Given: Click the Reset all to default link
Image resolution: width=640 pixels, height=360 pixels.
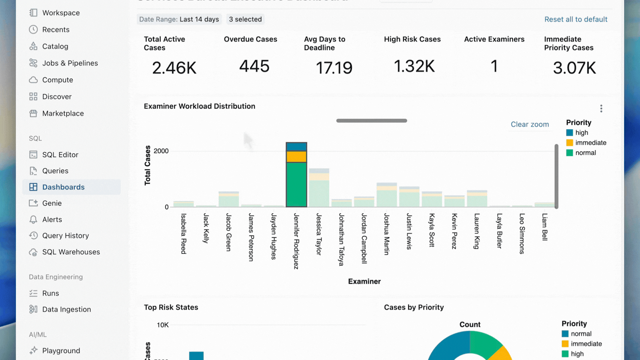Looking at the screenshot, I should pos(576,19).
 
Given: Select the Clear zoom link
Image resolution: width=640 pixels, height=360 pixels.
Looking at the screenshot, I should pos(530,124).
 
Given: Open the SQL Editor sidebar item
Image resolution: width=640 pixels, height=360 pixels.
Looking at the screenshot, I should pos(60,155).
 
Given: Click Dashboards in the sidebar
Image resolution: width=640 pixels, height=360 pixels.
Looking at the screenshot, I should pos(63,187).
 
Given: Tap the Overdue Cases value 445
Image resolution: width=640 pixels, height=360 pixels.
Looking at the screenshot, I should pos(254,66).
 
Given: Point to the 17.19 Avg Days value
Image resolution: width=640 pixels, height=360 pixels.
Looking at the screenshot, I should pos(334,68).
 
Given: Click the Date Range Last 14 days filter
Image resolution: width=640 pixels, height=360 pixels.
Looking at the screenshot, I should pos(179,19).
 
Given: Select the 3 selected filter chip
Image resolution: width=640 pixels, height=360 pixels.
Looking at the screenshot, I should pos(245,19).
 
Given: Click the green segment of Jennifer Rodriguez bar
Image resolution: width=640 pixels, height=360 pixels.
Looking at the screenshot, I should pos(296,184).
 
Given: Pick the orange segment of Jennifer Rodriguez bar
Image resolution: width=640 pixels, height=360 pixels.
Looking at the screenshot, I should pos(296,156).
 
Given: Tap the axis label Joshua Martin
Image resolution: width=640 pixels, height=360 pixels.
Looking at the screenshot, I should pos(386,234).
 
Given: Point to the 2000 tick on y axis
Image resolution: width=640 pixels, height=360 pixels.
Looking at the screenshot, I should pos(161,151).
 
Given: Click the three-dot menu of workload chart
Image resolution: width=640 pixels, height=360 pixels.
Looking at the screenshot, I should pos(601,108).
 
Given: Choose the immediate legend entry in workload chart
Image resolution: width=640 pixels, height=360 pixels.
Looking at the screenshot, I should pos(590,143).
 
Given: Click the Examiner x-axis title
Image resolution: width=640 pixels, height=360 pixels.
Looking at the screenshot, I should pos(364,281).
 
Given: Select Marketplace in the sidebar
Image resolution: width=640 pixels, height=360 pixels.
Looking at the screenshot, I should pos(63,114).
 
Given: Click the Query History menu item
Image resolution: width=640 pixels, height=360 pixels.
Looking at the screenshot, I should pos(65,236).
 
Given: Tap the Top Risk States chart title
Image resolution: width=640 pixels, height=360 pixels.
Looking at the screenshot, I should pos(171,307).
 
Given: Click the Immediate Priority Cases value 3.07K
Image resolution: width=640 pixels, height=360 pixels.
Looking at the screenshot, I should pos(574,68).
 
